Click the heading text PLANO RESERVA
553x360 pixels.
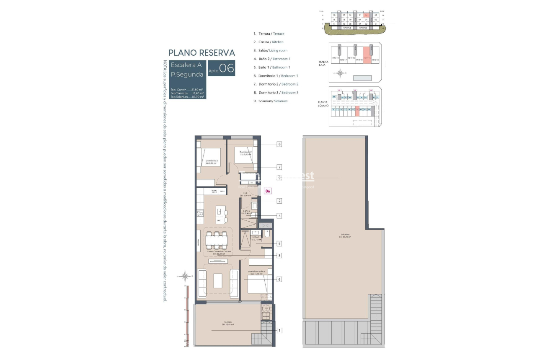pyautogui.click(x=202, y=53)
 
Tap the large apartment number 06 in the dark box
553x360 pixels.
pyautogui.click(x=226, y=69)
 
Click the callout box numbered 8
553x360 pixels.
pyautogui.click(x=279, y=144)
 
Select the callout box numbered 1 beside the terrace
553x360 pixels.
pyautogui.click(x=279, y=330)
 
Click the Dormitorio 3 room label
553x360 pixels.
pyautogui.click(x=212, y=162)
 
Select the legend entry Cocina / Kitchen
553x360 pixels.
pyautogui.click(x=269, y=42)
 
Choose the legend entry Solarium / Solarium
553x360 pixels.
pyautogui.click(x=271, y=101)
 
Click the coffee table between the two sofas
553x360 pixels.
pyautogui.click(x=218, y=280)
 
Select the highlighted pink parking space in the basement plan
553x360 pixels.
pyautogui.click(x=357, y=111)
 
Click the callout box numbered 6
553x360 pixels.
pyautogui.click(x=279, y=279)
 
